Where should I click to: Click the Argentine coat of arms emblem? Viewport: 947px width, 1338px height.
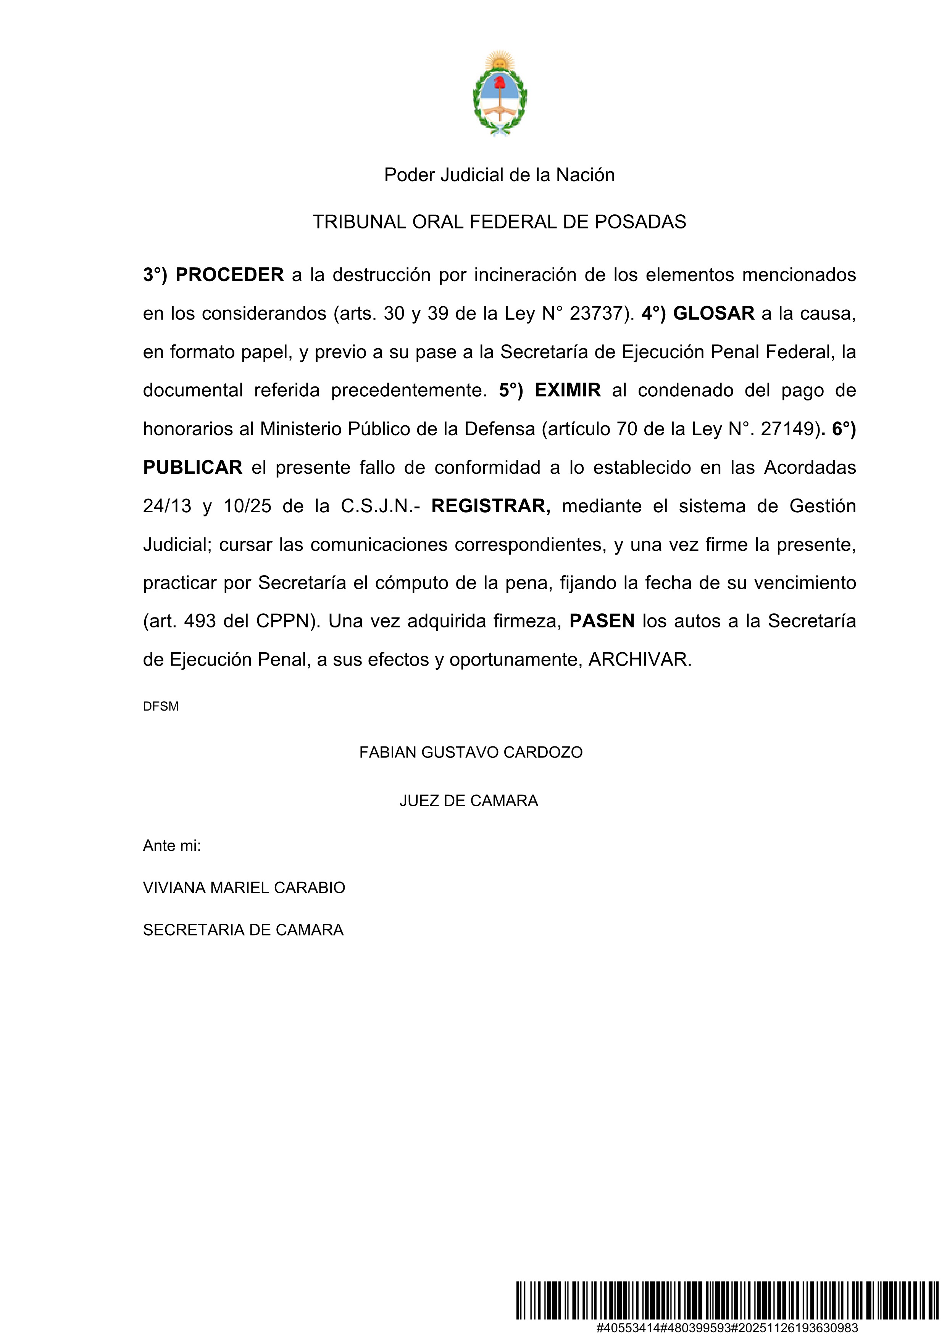click(x=500, y=93)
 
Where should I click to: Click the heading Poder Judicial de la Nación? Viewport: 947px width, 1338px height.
click(x=499, y=175)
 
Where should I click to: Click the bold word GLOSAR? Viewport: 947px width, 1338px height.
click(x=714, y=314)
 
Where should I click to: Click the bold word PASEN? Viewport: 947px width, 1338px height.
click(x=602, y=621)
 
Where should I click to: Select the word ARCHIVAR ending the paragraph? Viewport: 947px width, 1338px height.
click(x=640, y=660)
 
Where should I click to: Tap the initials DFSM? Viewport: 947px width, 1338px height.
click(x=161, y=706)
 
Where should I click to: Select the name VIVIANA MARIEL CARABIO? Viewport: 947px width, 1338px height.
click(x=244, y=888)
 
